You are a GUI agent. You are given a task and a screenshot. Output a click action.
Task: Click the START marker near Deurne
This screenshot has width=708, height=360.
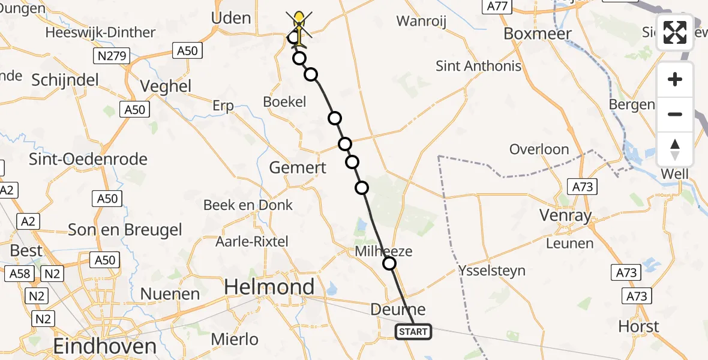tap(413, 331)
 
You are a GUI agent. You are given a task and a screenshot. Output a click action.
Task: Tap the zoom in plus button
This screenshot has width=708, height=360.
tap(675, 79)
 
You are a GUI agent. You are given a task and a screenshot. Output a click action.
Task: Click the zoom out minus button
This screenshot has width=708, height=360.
tap(675, 114)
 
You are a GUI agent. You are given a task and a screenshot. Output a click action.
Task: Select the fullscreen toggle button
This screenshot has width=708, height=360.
tap(675, 32)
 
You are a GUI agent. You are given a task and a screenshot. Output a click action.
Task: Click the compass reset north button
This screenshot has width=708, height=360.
tap(675, 149)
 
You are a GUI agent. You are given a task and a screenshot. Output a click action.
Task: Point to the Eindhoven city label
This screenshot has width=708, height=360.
tap(105, 346)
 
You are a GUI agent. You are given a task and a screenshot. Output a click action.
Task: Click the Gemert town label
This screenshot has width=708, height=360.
tap(298, 167)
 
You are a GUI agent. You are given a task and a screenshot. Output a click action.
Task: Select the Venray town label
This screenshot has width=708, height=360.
tap(566, 215)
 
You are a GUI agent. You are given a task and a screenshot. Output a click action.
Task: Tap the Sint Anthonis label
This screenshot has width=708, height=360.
tap(479, 65)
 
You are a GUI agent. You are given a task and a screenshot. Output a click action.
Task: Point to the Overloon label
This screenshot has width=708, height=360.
tap(539, 149)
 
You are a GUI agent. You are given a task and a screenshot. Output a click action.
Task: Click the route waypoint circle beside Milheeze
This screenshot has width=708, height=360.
tap(389, 263)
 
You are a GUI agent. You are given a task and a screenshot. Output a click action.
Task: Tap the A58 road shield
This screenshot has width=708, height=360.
tap(17, 274)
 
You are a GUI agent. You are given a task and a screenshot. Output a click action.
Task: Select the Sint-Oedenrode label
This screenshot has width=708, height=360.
tap(88, 159)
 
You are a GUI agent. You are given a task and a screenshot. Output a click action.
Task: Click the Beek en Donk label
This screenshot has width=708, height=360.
tap(248, 205)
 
